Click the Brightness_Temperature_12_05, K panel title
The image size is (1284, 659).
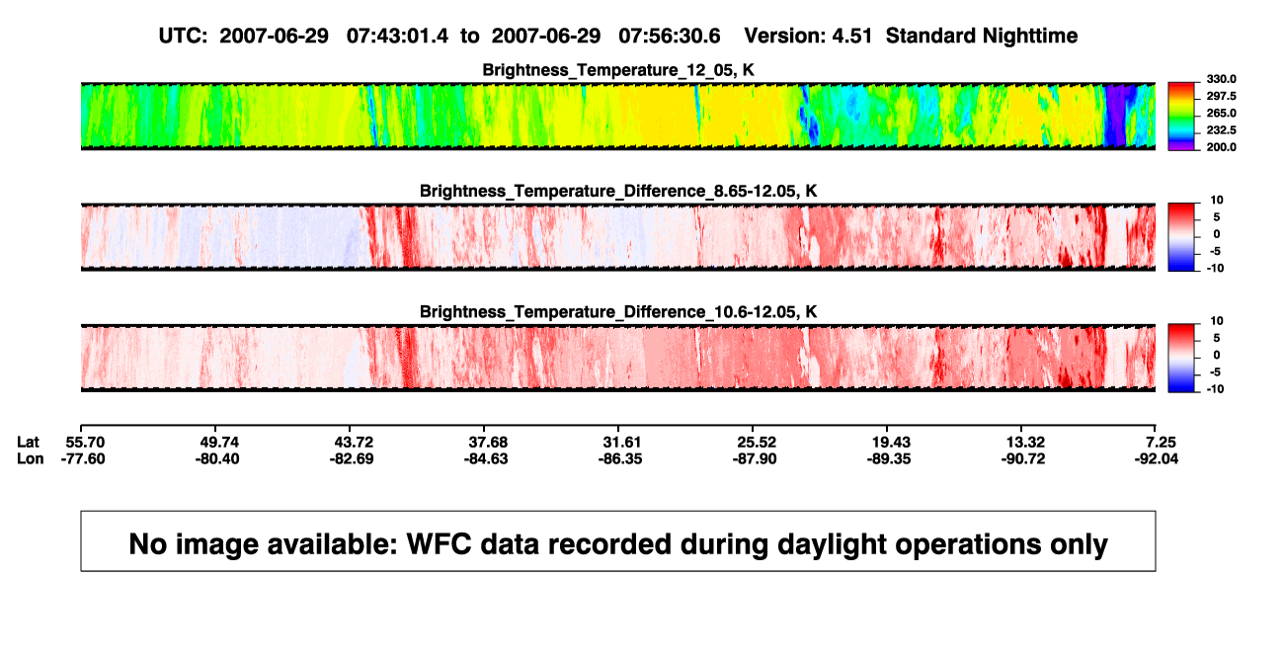tap(618, 70)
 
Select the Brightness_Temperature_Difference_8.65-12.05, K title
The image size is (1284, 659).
tap(618, 191)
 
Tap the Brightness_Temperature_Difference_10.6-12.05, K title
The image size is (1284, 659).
tap(618, 312)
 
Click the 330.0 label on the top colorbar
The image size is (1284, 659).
tap(1221, 79)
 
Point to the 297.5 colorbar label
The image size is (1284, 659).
tap(1221, 96)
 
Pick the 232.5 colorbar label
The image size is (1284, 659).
tap(1221, 130)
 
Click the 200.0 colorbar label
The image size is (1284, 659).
tap(1221, 147)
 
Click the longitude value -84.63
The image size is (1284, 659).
tap(486, 458)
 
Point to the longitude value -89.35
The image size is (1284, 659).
tap(889, 458)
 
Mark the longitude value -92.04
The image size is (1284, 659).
tap(1157, 458)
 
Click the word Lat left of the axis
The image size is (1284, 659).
tap(28, 443)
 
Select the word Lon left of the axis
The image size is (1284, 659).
tap(31, 458)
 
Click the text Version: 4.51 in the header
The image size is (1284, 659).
tap(808, 37)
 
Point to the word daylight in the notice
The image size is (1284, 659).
tap(830, 544)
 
